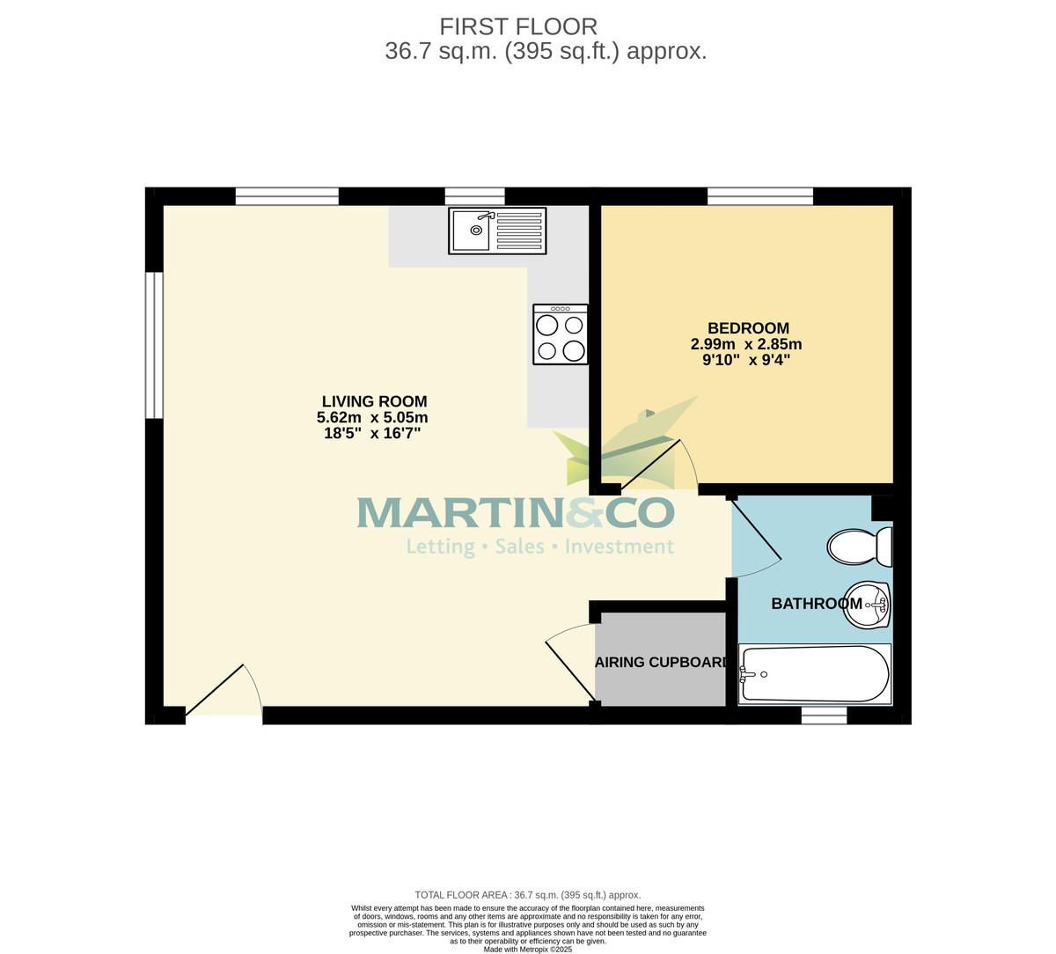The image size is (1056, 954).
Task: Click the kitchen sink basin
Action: point(472,231)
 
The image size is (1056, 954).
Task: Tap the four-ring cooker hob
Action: point(561,335)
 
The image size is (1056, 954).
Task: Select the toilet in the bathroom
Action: point(859,547)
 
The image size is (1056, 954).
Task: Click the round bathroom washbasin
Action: point(867,605)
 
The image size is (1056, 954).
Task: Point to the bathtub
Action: point(815,675)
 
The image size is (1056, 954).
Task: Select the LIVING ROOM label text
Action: point(374,401)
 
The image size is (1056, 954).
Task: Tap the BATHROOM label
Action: point(816,604)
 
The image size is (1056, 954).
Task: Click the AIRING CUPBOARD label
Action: point(662,663)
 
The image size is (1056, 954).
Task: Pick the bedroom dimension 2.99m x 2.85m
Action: point(746,344)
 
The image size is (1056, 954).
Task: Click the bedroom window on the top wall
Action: point(760,196)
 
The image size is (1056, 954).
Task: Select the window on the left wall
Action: point(154,345)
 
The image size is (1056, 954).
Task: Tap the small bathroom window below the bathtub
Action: point(824,715)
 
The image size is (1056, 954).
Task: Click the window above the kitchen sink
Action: point(474,196)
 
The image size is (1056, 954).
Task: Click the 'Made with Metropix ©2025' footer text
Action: point(528,949)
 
